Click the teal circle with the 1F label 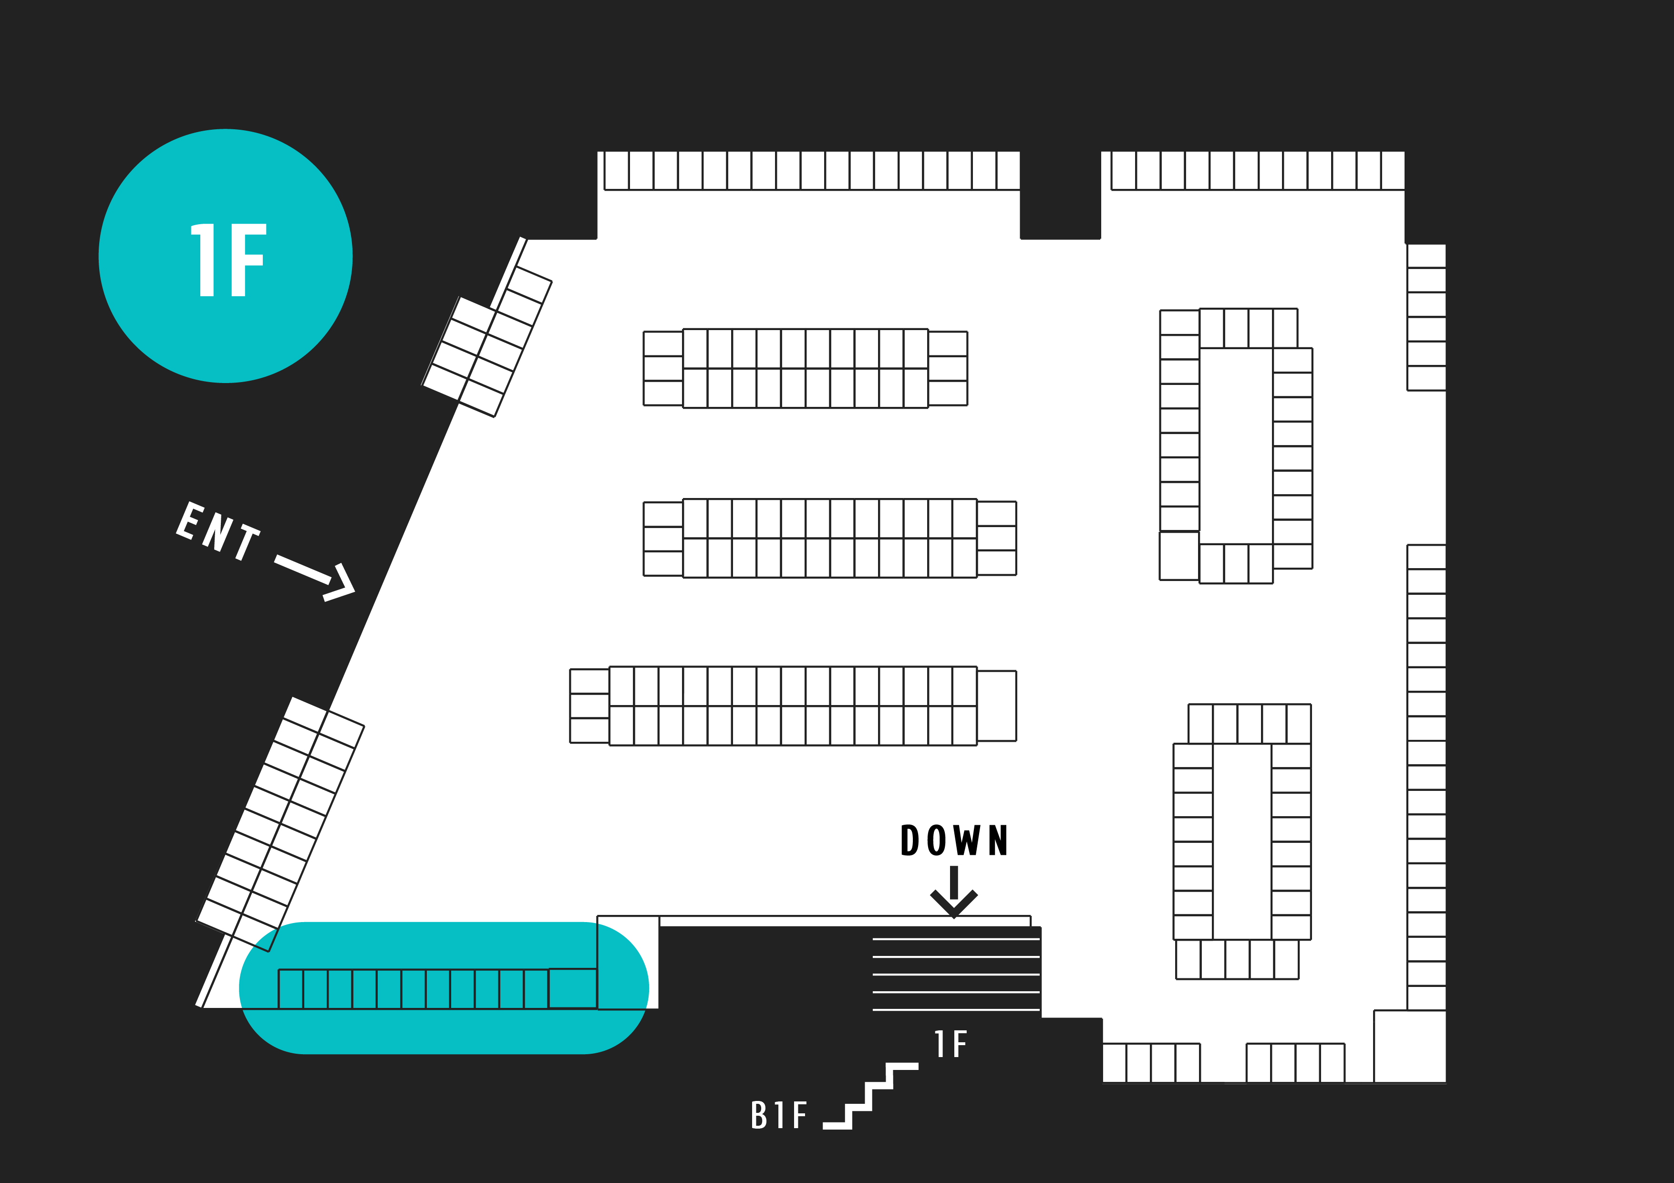(225, 256)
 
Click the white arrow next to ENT (316, 578)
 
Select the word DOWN (954, 840)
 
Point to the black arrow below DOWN (954, 892)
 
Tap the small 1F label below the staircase (951, 1044)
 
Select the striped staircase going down (956, 974)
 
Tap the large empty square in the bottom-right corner (1409, 1046)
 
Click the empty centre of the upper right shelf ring (1236, 446)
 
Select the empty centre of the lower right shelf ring (1241, 841)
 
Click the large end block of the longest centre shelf (996, 706)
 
